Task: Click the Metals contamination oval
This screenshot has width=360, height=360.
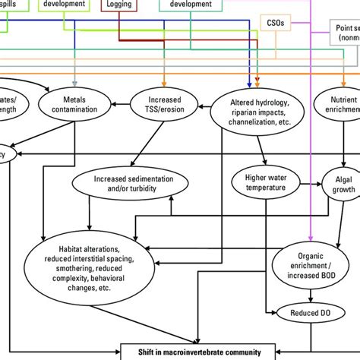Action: [75, 105]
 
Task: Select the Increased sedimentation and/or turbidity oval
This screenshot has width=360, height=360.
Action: [133, 183]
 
